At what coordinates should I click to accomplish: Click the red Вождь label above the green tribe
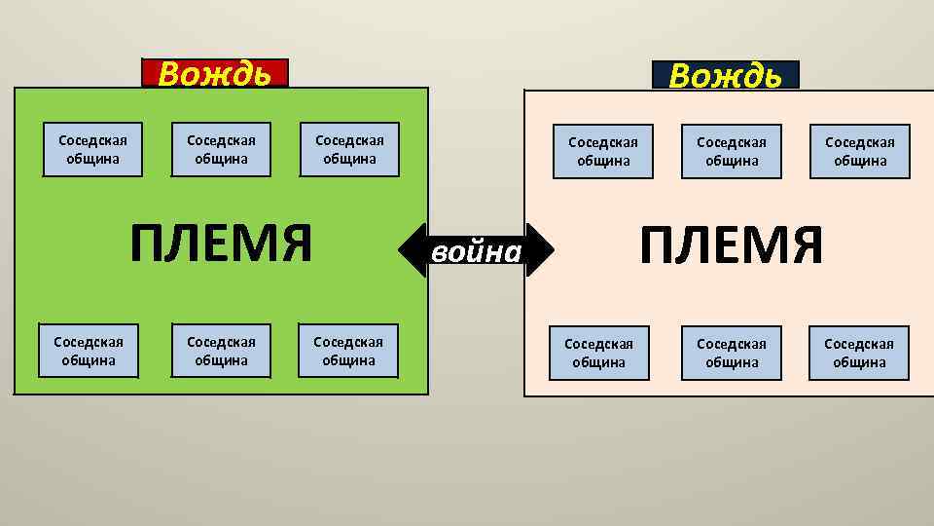coord(215,73)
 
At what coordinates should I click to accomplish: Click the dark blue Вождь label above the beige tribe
coord(726,75)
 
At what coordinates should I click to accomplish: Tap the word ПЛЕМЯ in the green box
coord(222,244)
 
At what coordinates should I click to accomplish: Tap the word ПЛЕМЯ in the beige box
coord(732,245)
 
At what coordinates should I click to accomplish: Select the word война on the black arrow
coord(477,251)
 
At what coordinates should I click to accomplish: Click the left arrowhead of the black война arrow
coord(411,251)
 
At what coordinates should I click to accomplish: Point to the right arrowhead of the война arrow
coord(543,251)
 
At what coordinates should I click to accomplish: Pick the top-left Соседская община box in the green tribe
coord(93,149)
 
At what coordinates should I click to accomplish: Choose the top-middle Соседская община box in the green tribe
coord(221,149)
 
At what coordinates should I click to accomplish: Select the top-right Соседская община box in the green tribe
coord(349,149)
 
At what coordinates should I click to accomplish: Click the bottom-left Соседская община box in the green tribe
coord(89,351)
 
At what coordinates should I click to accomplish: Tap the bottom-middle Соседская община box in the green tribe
coord(221,351)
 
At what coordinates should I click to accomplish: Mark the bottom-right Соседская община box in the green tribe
coord(348,351)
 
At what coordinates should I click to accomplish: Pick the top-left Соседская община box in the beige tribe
coord(603,152)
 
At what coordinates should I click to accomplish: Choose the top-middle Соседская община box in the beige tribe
coord(732,152)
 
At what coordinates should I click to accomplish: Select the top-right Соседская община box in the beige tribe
coord(860,152)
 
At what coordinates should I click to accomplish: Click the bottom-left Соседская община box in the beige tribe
coord(598,353)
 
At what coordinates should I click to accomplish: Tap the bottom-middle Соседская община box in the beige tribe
coord(732,353)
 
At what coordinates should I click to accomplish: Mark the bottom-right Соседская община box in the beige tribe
coord(859,353)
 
